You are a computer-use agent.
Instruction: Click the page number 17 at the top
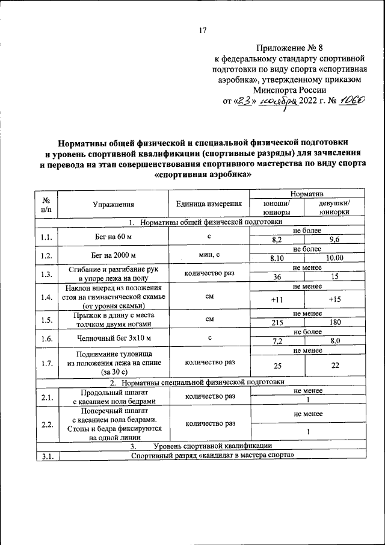tap(202, 31)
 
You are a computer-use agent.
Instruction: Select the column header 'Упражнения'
tap(113, 204)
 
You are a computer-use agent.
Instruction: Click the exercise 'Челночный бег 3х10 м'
tap(113, 338)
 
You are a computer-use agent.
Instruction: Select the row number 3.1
tap(47, 455)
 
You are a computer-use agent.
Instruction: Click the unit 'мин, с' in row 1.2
tap(209, 254)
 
